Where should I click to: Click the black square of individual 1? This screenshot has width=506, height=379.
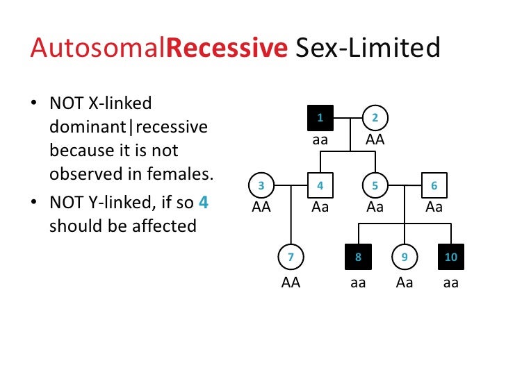(x=320, y=118)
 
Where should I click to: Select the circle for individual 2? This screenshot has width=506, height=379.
(x=375, y=118)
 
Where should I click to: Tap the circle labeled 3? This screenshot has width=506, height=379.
(x=261, y=186)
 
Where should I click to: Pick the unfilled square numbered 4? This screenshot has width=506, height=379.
(x=320, y=186)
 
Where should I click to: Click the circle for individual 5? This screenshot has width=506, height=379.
(x=375, y=186)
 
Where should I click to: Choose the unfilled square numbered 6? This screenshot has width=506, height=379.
(x=434, y=186)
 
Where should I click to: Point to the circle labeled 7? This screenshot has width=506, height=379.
(x=291, y=258)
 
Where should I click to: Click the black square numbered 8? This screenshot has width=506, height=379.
(x=358, y=258)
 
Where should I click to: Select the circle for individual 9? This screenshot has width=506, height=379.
(x=405, y=258)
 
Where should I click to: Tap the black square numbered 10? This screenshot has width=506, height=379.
(x=451, y=258)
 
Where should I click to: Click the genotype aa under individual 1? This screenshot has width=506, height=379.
(x=320, y=140)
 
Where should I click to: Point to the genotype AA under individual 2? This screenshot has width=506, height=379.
(x=375, y=140)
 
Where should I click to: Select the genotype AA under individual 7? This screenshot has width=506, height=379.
(x=291, y=283)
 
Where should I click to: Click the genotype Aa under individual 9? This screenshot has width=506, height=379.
(x=405, y=283)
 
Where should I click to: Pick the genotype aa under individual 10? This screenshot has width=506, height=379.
(x=451, y=283)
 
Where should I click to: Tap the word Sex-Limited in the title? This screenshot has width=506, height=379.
(x=368, y=49)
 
